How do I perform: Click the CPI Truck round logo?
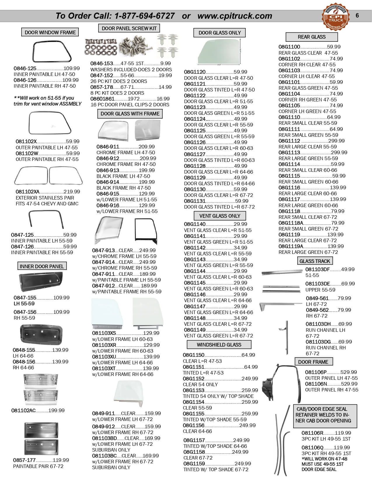pyautogui.click(x=336, y=17)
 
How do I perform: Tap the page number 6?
pyautogui.click(x=357, y=15)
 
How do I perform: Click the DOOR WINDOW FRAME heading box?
pyautogui.click(x=50, y=32)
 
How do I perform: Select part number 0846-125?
pyautogui.click(x=25, y=68)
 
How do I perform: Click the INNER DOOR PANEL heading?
pyautogui.click(x=42, y=266)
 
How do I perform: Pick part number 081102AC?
pyautogui.click(x=23, y=410)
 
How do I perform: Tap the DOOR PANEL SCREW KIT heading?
pyautogui.click(x=129, y=28)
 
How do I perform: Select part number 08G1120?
pyautogui.click(x=195, y=72)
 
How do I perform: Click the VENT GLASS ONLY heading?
pyautogui.click(x=220, y=216)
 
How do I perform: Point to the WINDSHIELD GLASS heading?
pyautogui.click(x=219, y=345)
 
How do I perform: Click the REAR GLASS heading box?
pyautogui.click(x=312, y=37)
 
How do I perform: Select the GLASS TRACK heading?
pyautogui.click(x=315, y=261)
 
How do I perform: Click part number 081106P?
pyautogui.click(x=316, y=372)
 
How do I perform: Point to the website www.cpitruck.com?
pyautogui.click(x=235, y=16)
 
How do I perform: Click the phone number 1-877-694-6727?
pyautogui.click(x=145, y=16)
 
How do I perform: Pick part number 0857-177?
pyautogui.click(x=24, y=460)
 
